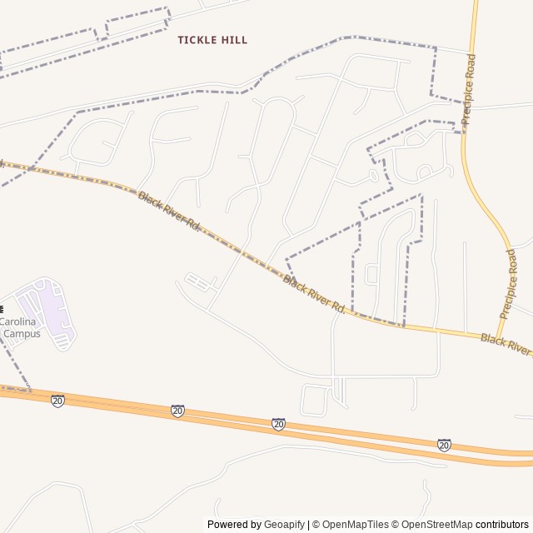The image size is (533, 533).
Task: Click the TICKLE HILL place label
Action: pyautogui.click(x=212, y=40)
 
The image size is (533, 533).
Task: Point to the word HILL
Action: pyautogui.click(x=234, y=40)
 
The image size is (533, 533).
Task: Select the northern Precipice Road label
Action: pyautogui.click(x=469, y=90)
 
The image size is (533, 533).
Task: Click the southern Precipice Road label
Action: pyautogui.click(x=509, y=284)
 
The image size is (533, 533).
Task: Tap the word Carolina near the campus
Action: pyautogui.click(x=17, y=321)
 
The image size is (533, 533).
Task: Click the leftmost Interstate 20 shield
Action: pyautogui.click(x=57, y=401)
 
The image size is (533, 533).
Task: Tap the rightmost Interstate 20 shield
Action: pyautogui.click(x=444, y=446)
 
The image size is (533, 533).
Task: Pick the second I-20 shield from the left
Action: pyautogui.click(x=177, y=411)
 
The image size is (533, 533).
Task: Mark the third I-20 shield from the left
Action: pyautogui.click(x=278, y=424)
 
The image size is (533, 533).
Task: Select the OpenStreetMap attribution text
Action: pyautogui.click(x=436, y=525)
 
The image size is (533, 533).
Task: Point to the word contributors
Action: pyautogui.click(x=502, y=525)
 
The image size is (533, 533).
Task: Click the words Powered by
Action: pyautogui.click(x=234, y=525)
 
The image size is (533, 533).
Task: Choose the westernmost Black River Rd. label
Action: pyautogui.click(x=170, y=212)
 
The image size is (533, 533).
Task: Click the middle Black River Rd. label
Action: pyautogui.click(x=314, y=295)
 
